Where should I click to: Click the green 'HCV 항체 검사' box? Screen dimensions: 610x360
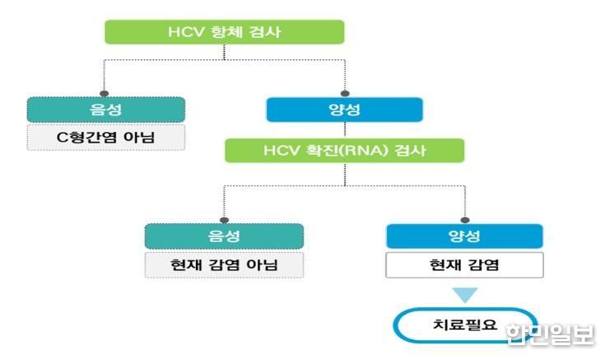(225, 32)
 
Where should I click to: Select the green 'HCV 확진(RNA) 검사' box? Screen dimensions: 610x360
(345, 151)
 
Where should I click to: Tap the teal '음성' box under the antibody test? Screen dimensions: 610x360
(106, 110)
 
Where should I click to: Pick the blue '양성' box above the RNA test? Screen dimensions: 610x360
(345, 110)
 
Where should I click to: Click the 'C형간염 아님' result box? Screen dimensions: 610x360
(106, 138)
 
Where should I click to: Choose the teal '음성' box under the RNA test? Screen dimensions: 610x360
(224, 236)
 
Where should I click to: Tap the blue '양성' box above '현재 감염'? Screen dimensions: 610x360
(464, 236)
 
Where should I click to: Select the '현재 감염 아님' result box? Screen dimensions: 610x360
(224, 265)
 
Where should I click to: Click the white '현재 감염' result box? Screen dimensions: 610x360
(464, 265)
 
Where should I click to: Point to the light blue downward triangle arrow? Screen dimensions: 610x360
(465, 294)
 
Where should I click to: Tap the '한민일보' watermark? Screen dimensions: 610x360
(550, 334)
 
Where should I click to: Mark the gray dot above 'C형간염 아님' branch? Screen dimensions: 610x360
(104, 93)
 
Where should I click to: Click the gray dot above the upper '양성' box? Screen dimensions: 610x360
(345, 93)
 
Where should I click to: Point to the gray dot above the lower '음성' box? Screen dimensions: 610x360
(224, 220)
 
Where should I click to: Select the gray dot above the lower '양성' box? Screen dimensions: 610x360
(465, 220)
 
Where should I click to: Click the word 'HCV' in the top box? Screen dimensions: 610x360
(186, 32)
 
